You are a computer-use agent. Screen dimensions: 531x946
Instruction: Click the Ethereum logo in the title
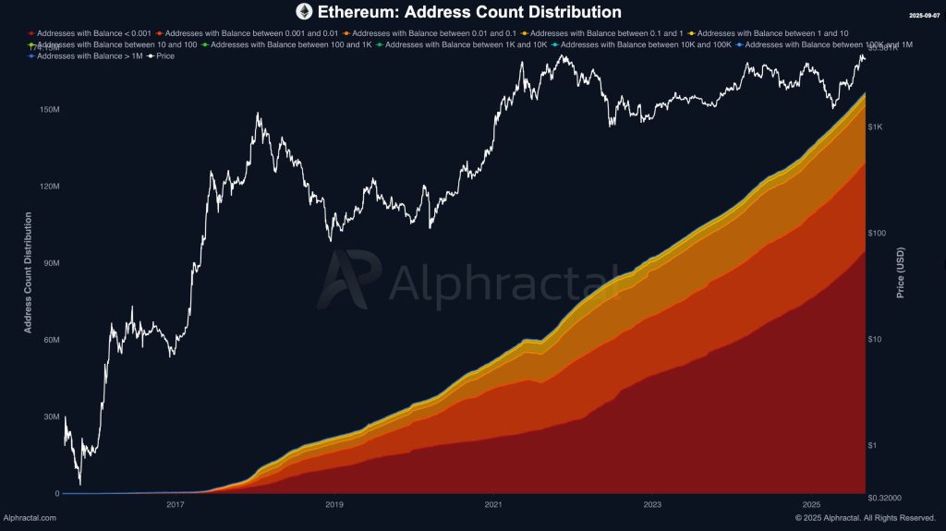click(x=304, y=12)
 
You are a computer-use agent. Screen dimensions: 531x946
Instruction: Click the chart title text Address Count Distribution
click(x=469, y=12)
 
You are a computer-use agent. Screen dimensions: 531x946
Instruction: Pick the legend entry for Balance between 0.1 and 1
click(x=601, y=33)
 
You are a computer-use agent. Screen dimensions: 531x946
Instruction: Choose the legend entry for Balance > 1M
click(x=88, y=56)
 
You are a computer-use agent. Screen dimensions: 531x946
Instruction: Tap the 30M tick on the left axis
click(x=50, y=416)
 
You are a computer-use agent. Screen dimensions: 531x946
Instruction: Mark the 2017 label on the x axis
click(x=176, y=505)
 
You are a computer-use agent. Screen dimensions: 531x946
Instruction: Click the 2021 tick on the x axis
click(x=493, y=505)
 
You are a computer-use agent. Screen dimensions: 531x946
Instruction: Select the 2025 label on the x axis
click(x=811, y=505)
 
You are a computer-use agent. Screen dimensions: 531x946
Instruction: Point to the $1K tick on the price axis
click(x=877, y=127)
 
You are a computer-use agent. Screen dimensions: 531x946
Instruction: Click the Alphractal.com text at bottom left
click(x=30, y=518)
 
